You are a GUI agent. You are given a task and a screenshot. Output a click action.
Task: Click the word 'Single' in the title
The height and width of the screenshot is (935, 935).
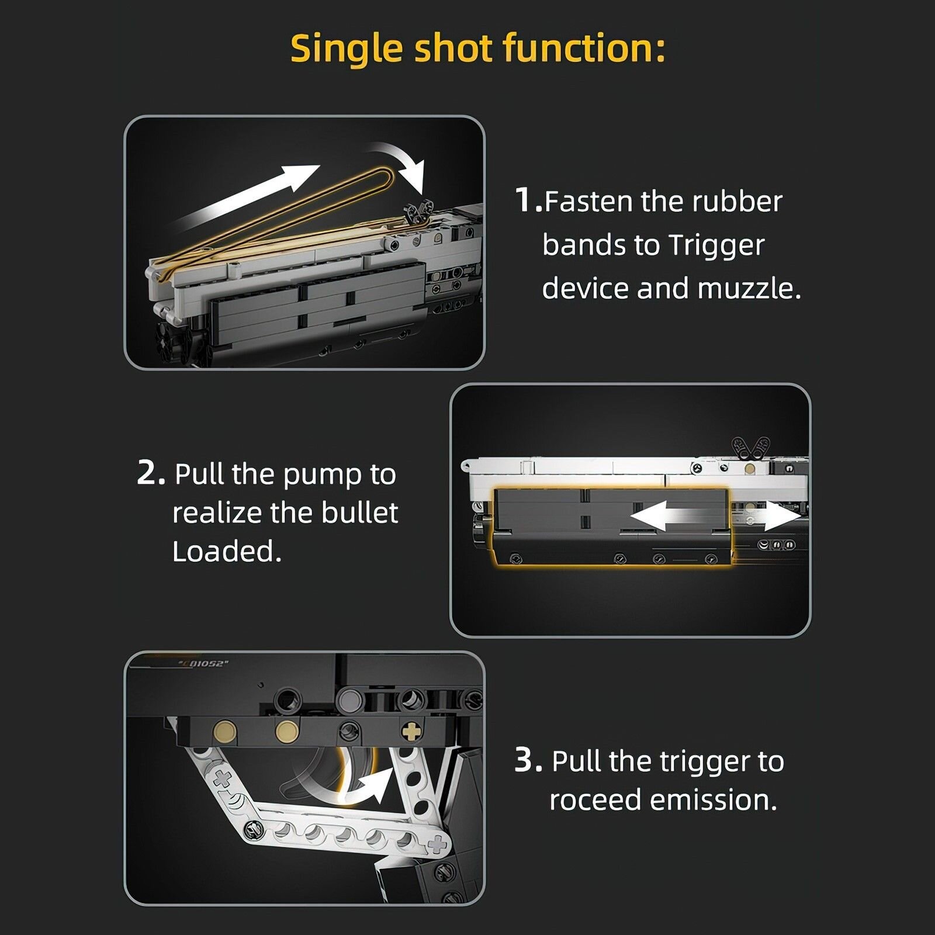pos(346,49)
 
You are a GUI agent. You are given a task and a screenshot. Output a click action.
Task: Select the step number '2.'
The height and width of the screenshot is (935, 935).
pos(151,473)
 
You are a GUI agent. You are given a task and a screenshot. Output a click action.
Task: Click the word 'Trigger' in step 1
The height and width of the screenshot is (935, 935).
pos(716,246)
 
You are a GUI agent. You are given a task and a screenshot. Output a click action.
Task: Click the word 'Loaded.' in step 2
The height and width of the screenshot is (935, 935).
pos(227,551)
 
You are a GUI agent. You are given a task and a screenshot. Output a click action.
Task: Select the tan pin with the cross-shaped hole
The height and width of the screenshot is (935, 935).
pos(413,730)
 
